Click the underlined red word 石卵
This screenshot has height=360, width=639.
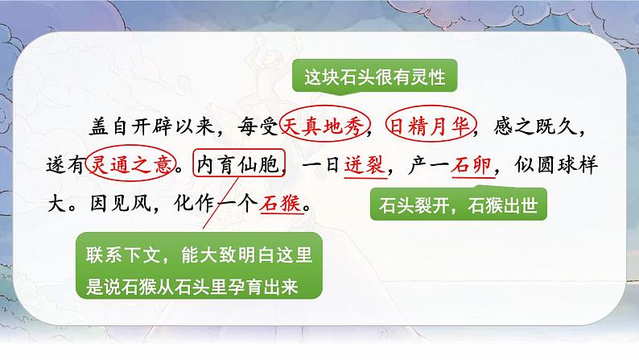pyautogui.click(x=472, y=165)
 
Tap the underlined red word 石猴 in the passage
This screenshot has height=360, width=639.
pyautogui.click(x=279, y=205)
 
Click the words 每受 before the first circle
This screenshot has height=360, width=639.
pyautogui.click(x=259, y=126)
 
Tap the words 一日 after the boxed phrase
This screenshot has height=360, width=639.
pyautogui.click(x=317, y=165)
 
